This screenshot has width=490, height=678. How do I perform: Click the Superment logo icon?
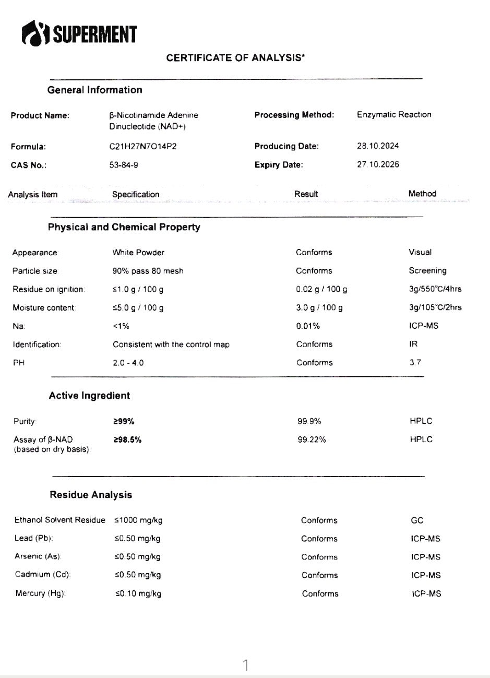(x=35, y=34)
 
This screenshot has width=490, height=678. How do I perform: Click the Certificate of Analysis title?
(x=235, y=58)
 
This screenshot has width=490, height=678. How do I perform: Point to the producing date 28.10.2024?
(x=378, y=146)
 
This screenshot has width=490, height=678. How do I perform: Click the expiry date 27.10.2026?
(x=378, y=164)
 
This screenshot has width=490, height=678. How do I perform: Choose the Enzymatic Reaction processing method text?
(x=394, y=114)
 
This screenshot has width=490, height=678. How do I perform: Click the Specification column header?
(x=136, y=194)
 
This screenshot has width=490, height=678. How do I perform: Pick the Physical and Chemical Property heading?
(x=124, y=227)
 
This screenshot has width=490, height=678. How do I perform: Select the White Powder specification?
(x=138, y=253)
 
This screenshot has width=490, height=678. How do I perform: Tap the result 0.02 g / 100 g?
(x=321, y=289)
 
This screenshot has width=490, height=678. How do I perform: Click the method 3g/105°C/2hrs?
(x=435, y=307)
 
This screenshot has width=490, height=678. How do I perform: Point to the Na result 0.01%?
(x=308, y=326)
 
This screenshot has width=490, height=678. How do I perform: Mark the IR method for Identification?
(x=414, y=344)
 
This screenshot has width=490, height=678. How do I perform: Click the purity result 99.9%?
(x=309, y=421)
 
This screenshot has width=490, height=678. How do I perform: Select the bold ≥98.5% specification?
(x=127, y=439)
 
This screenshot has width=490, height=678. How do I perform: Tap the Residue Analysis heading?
(x=91, y=495)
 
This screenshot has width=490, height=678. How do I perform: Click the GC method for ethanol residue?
(x=417, y=520)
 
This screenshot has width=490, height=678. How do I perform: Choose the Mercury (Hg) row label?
(x=40, y=593)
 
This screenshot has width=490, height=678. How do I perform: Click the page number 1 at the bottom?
(x=245, y=665)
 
